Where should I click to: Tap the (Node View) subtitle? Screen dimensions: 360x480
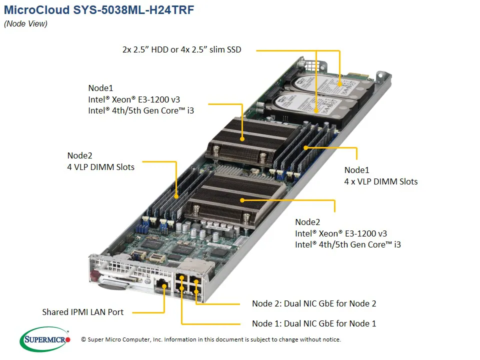tap(25, 24)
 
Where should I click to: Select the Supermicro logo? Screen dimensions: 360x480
tap(44, 339)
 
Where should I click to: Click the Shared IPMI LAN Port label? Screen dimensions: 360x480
tap(82, 312)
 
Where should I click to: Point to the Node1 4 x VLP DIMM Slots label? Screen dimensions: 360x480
tap(380, 175)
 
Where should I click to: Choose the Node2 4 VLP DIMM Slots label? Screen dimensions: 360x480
tap(100, 161)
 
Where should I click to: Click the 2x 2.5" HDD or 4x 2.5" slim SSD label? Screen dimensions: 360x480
tap(181, 49)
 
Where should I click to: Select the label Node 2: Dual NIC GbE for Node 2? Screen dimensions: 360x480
tap(314, 303)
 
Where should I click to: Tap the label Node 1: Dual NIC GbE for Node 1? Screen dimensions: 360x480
tap(314, 323)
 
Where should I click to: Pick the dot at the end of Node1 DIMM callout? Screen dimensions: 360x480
tap(305, 148)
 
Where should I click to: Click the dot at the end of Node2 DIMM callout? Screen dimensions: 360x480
tap(176, 197)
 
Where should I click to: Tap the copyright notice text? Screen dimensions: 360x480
tap(210, 339)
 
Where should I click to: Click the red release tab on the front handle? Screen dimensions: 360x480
tap(94, 276)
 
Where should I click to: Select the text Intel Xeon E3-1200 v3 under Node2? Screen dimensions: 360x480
tap(340, 233)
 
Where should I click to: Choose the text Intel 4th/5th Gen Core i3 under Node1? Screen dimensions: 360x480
tap(141, 110)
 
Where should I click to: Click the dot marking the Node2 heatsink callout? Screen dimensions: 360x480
tap(243, 200)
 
